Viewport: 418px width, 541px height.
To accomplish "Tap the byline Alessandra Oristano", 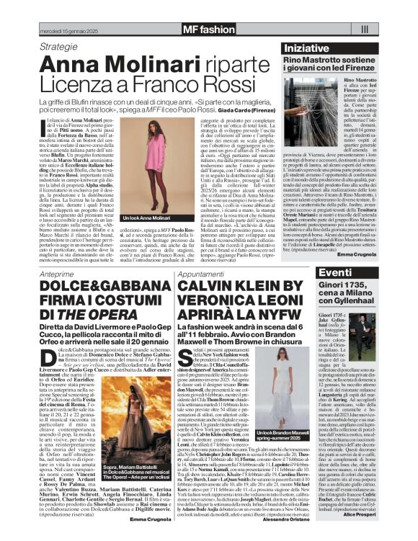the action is (285, 519).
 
